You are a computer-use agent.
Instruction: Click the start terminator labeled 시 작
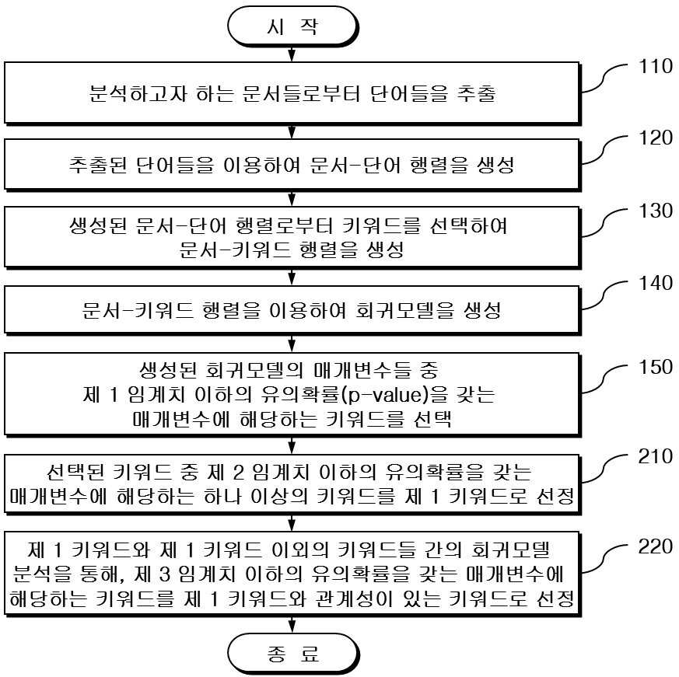(x=292, y=26)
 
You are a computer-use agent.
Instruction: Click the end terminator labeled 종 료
(x=293, y=654)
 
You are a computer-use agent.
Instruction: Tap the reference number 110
(x=656, y=67)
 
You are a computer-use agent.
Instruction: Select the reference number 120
(x=656, y=138)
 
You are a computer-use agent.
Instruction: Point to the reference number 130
(x=656, y=211)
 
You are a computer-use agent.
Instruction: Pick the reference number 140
(x=656, y=283)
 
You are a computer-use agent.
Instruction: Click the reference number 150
(x=656, y=367)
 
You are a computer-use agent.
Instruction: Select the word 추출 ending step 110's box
(x=476, y=93)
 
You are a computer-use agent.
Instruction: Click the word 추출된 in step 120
(x=97, y=165)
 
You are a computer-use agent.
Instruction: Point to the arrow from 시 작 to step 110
(x=292, y=54)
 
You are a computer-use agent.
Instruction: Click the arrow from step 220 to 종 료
(x=292, y=624)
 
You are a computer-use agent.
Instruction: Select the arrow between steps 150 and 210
(x=292, y=445)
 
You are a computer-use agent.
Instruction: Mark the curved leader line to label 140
(x=604, y=295)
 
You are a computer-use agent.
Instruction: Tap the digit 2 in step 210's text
(x=239, y=473)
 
